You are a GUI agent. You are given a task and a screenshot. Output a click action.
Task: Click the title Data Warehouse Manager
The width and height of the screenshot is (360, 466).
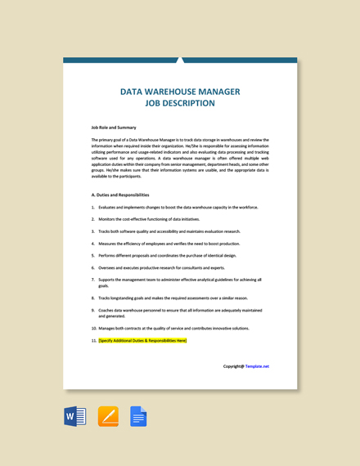pyautogui.click(x=180, y=92)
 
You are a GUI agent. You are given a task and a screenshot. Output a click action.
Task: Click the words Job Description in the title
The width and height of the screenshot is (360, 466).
pyautogui.click(x=180, y=104)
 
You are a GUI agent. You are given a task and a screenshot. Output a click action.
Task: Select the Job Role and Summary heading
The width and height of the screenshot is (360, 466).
pyautogui.click(x=114, y=128)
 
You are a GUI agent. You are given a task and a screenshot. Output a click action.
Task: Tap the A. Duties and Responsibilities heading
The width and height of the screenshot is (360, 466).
pyautogui.click(x=120, y=195)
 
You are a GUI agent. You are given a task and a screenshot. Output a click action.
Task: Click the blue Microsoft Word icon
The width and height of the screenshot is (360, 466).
pyautogui.click(x=75, y=417)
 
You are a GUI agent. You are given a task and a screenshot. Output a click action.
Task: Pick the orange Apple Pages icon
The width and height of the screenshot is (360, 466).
pyautogui.click(x=108, y=417)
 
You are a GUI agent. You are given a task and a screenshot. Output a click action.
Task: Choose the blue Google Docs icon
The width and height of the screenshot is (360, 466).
pyautogui.click(x=138, y=417)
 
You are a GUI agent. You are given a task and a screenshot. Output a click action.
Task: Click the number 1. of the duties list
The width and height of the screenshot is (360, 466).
pyautogui.click(x=93, y=208)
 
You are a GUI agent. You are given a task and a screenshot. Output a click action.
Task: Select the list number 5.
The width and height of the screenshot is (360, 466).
pyautogui.click(x=93, y=255)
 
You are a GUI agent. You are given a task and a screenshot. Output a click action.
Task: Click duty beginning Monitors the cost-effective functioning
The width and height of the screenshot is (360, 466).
pyautogui.click(x=149, y=219)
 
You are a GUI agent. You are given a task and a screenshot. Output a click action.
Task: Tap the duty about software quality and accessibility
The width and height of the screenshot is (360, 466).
pyautogui.click(x=169, y=231)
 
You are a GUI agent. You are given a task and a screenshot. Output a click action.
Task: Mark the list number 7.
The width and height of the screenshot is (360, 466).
pyautogui.click(x=93, y=280)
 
